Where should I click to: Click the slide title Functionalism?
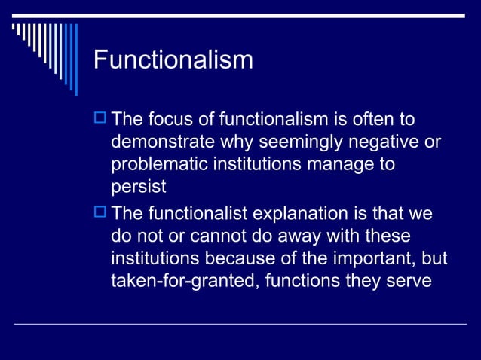point(173,59)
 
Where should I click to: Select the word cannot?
point(209,236)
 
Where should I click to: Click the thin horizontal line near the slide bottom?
point(240,325)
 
